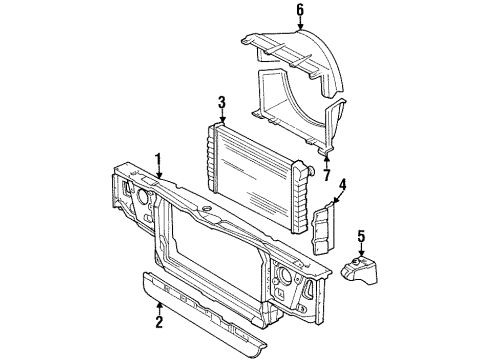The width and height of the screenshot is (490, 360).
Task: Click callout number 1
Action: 158,157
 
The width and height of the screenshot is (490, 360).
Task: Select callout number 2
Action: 158,323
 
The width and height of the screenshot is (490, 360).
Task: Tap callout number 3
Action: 222,101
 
